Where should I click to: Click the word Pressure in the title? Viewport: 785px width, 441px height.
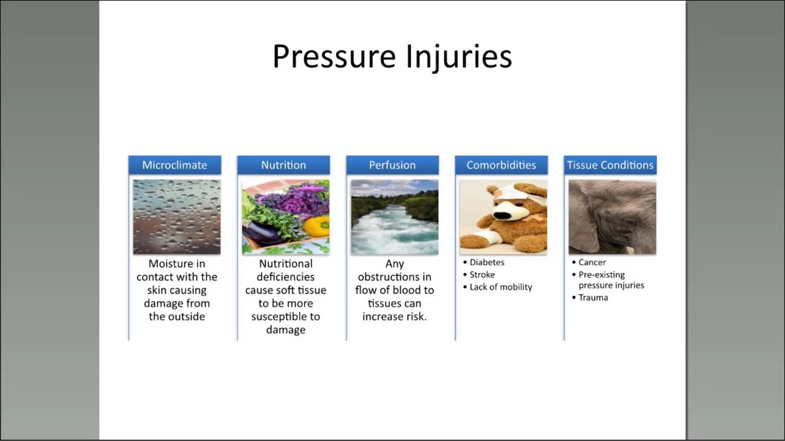click(x=334, y=56)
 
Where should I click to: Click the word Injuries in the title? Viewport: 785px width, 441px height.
click(x=459, y=58)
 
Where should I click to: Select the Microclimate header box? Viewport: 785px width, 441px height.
click(x=175, y=165)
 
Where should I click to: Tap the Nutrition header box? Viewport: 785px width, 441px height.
click(x=283, y=165)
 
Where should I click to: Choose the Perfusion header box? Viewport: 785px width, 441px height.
click(x=392, y=165)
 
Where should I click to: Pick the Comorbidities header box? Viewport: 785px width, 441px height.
click(x=502, y=165)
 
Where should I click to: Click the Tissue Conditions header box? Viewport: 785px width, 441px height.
click(x=610, y=165)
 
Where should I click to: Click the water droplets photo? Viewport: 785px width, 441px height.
click(x=177, y=217)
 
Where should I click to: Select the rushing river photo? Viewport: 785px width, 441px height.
click(x=394, y=217)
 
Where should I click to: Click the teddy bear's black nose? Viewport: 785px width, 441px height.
click(x=502, y=215)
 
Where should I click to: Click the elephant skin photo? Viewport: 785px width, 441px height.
click(x=612, y=217)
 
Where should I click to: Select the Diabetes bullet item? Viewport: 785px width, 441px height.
click(x=483, y=263)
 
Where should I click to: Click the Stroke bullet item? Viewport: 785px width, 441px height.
click(x=479, y=275)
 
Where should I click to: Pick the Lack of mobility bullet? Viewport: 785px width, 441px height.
click(x=498, y=287)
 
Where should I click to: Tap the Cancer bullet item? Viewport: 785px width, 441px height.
click(x=589, y=263)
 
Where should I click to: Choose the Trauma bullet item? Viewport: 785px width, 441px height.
click(x=590, y=298)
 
